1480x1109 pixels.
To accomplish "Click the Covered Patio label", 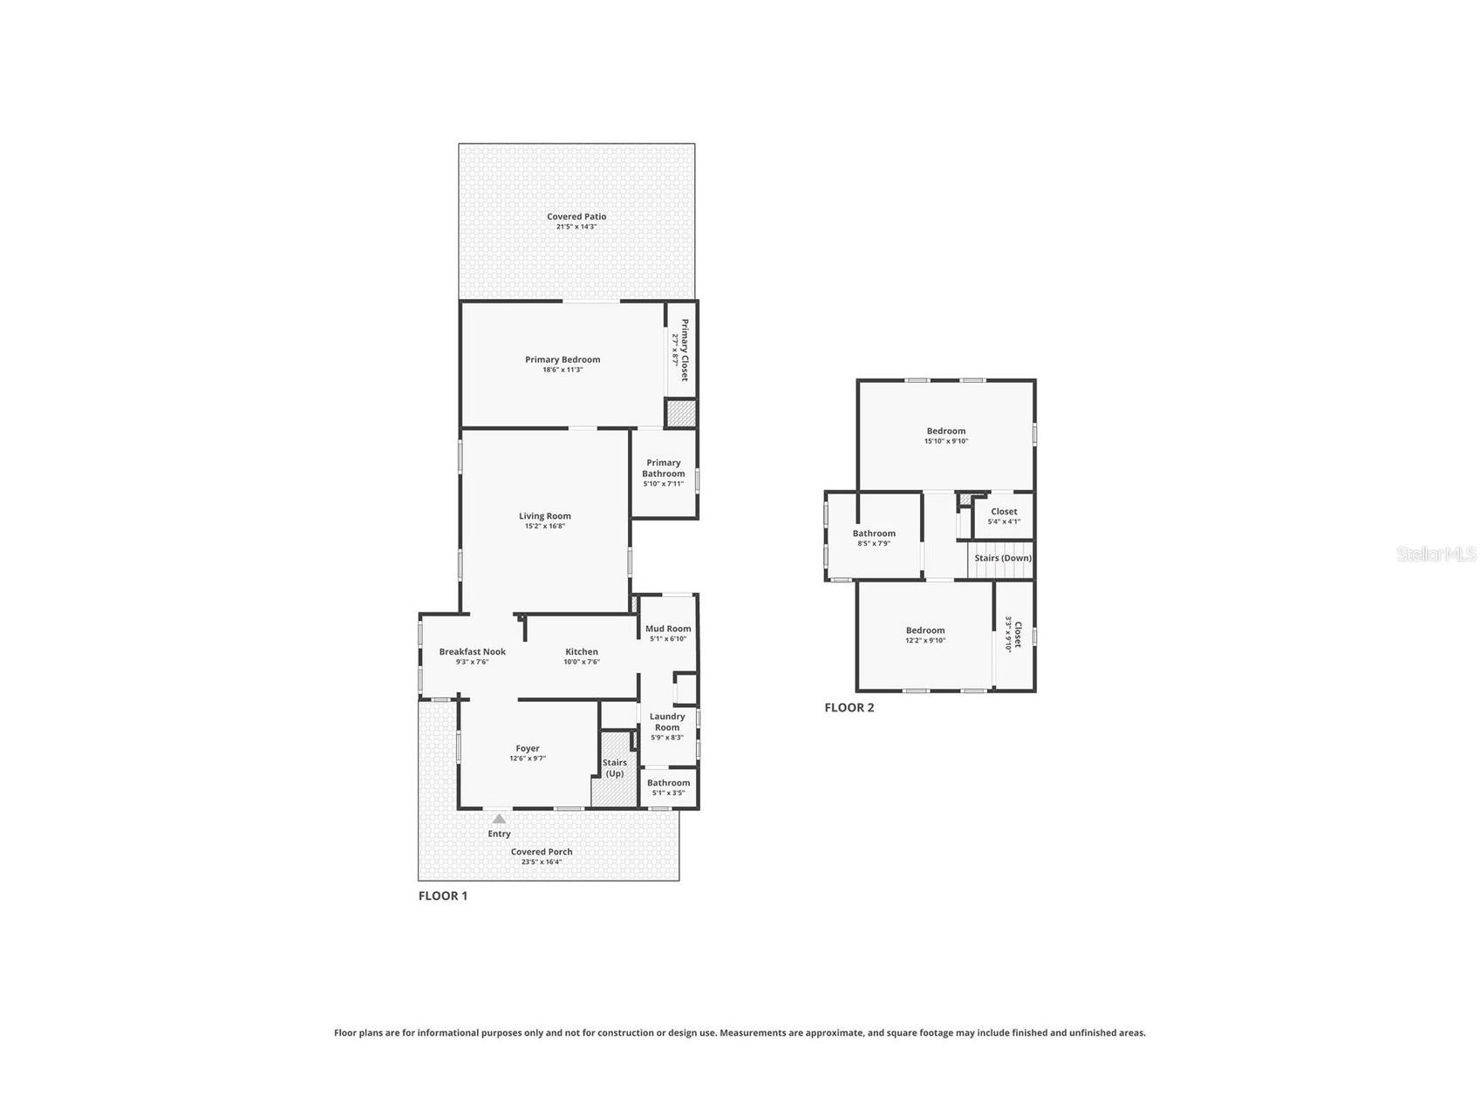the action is click(576, 216).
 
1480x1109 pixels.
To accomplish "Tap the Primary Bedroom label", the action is click(563, 359).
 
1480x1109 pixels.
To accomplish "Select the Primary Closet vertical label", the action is click(685, 350).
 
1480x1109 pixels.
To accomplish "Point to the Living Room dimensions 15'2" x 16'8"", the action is click(544, 526).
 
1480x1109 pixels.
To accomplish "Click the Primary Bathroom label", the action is click(664, 468).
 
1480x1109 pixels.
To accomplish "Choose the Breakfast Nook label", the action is click(472, 651).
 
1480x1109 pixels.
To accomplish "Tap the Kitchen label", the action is click(582, 651).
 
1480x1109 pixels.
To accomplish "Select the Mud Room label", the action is click(668, 629).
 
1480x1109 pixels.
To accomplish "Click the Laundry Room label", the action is click(667, 722).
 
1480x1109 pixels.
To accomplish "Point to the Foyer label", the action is click(528, 748).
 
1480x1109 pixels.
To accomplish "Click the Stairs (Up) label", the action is click(615, 768).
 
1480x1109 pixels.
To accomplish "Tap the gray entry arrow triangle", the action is click(499, 819).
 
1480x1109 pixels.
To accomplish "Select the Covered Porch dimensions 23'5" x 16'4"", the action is click(542, 861).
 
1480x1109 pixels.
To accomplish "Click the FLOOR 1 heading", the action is click(443, 895).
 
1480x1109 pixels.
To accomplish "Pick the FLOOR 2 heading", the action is click(849, 707).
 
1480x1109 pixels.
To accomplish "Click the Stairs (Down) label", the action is click(1003, 558).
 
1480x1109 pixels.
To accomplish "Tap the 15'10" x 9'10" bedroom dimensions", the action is click(946, 441).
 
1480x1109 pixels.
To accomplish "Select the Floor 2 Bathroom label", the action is click(874, 534).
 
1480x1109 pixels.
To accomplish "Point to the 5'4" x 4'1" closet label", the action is click(1004, 521).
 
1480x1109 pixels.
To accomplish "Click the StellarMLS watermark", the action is click(1436, 554).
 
